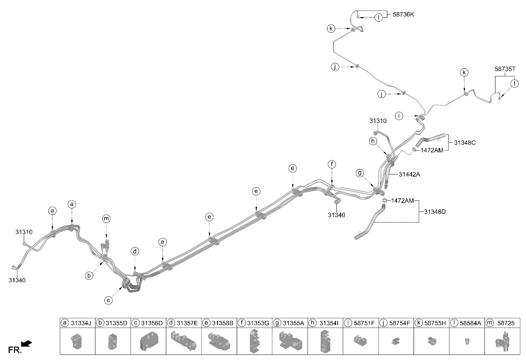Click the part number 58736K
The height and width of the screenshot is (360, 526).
pos(403,14)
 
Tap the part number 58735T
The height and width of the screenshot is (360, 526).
pos(505,69)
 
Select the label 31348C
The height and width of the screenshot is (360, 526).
pos(465,143)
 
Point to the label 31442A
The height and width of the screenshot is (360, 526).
pos(409,174)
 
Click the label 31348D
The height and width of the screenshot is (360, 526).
pos(435,212)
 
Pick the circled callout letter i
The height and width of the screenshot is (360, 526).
pos(399,116)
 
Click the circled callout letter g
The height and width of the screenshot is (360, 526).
pos(360,174)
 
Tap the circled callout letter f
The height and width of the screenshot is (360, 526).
pos(332,164)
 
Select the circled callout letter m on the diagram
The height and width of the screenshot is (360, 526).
pos(106,219)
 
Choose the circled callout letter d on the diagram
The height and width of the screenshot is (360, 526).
pos(135,251)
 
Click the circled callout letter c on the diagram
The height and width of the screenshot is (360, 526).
pos(109,300)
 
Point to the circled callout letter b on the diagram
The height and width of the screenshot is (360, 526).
pos(89,276)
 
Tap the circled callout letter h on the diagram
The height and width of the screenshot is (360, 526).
pos(373,141)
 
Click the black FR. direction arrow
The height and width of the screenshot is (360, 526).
pos(26,343)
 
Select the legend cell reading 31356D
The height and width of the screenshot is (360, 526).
pos(148,323)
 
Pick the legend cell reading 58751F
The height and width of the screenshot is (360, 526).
pos(361,323)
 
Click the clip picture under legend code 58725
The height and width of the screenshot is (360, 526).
pos(502,341)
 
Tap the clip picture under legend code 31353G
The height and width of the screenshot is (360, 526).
pos(255,341)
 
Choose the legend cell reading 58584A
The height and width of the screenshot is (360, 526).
pos(467,323)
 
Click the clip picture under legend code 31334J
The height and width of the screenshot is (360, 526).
pos(76,341)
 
